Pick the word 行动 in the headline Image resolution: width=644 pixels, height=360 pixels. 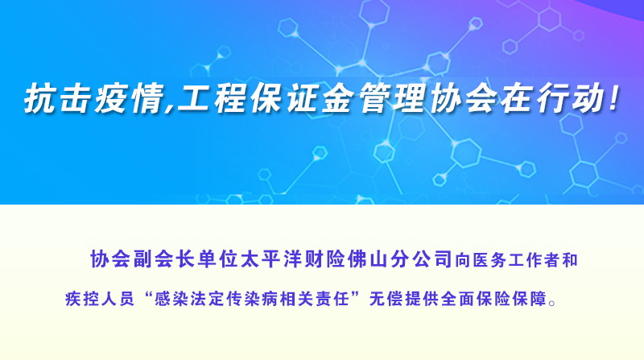[572, 98]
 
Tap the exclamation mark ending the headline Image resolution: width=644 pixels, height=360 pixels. [614, 98]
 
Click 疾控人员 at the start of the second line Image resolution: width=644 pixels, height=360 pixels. [100, 299]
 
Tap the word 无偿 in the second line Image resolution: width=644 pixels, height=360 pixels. [386, 299]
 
